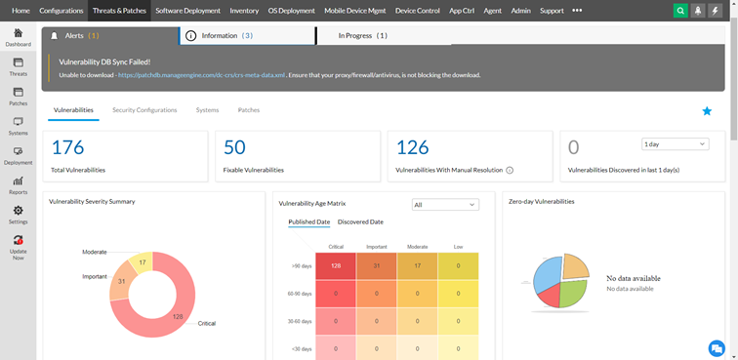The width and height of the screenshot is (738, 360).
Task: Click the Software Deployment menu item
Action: (188, 10)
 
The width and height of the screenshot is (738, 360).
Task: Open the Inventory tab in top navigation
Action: (244, 10)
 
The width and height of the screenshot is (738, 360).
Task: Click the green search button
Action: (680, 10)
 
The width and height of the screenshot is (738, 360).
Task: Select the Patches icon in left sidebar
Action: (18, 95)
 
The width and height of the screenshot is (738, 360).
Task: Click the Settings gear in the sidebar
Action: (18, 213)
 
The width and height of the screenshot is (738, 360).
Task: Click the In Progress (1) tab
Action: (362, 35)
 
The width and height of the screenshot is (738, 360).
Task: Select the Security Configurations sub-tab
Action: (144, 110)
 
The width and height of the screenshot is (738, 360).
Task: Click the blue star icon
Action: (707, 111)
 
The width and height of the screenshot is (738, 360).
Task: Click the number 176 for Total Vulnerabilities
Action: (67, 147)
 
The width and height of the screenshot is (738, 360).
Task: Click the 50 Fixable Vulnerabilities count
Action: (234, 147)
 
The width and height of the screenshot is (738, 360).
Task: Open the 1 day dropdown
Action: (674, 144)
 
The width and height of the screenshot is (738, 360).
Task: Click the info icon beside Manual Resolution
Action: (510, 170)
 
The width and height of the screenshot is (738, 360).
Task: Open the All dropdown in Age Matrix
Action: (445, 205)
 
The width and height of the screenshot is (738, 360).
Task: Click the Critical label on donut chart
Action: (206, 323)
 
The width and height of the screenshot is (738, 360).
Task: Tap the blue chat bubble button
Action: (717, 347)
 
